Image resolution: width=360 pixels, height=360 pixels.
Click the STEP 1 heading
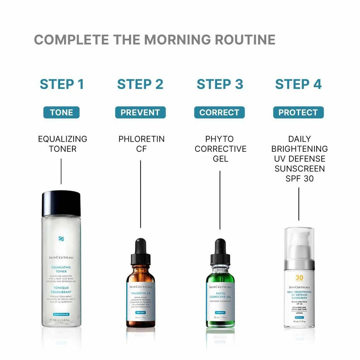62,84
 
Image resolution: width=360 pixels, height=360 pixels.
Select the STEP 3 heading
219,84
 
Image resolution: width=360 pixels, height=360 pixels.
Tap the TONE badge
61,113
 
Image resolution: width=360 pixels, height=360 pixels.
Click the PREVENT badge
140,113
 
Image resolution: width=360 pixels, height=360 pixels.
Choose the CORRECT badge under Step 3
219,113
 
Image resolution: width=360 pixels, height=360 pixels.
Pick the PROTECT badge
298,113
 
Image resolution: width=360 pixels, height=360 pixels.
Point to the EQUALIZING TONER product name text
62,144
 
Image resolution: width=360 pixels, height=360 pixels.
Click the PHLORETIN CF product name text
141,144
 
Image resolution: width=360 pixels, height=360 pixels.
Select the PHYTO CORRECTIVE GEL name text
220,149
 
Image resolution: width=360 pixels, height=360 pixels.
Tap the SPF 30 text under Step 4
299,179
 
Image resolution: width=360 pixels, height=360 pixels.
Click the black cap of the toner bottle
61,203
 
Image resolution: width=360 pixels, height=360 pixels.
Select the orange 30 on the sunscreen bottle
299,278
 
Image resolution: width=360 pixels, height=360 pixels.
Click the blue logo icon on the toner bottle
61,239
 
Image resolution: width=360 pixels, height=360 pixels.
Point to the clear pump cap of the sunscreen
299,242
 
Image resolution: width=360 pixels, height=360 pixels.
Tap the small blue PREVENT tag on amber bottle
141,312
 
